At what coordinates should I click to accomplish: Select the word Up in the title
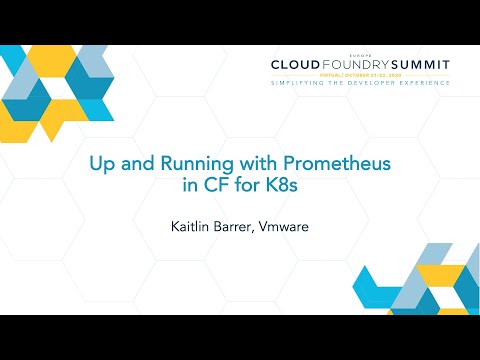102,161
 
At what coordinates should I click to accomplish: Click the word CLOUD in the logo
294,65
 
